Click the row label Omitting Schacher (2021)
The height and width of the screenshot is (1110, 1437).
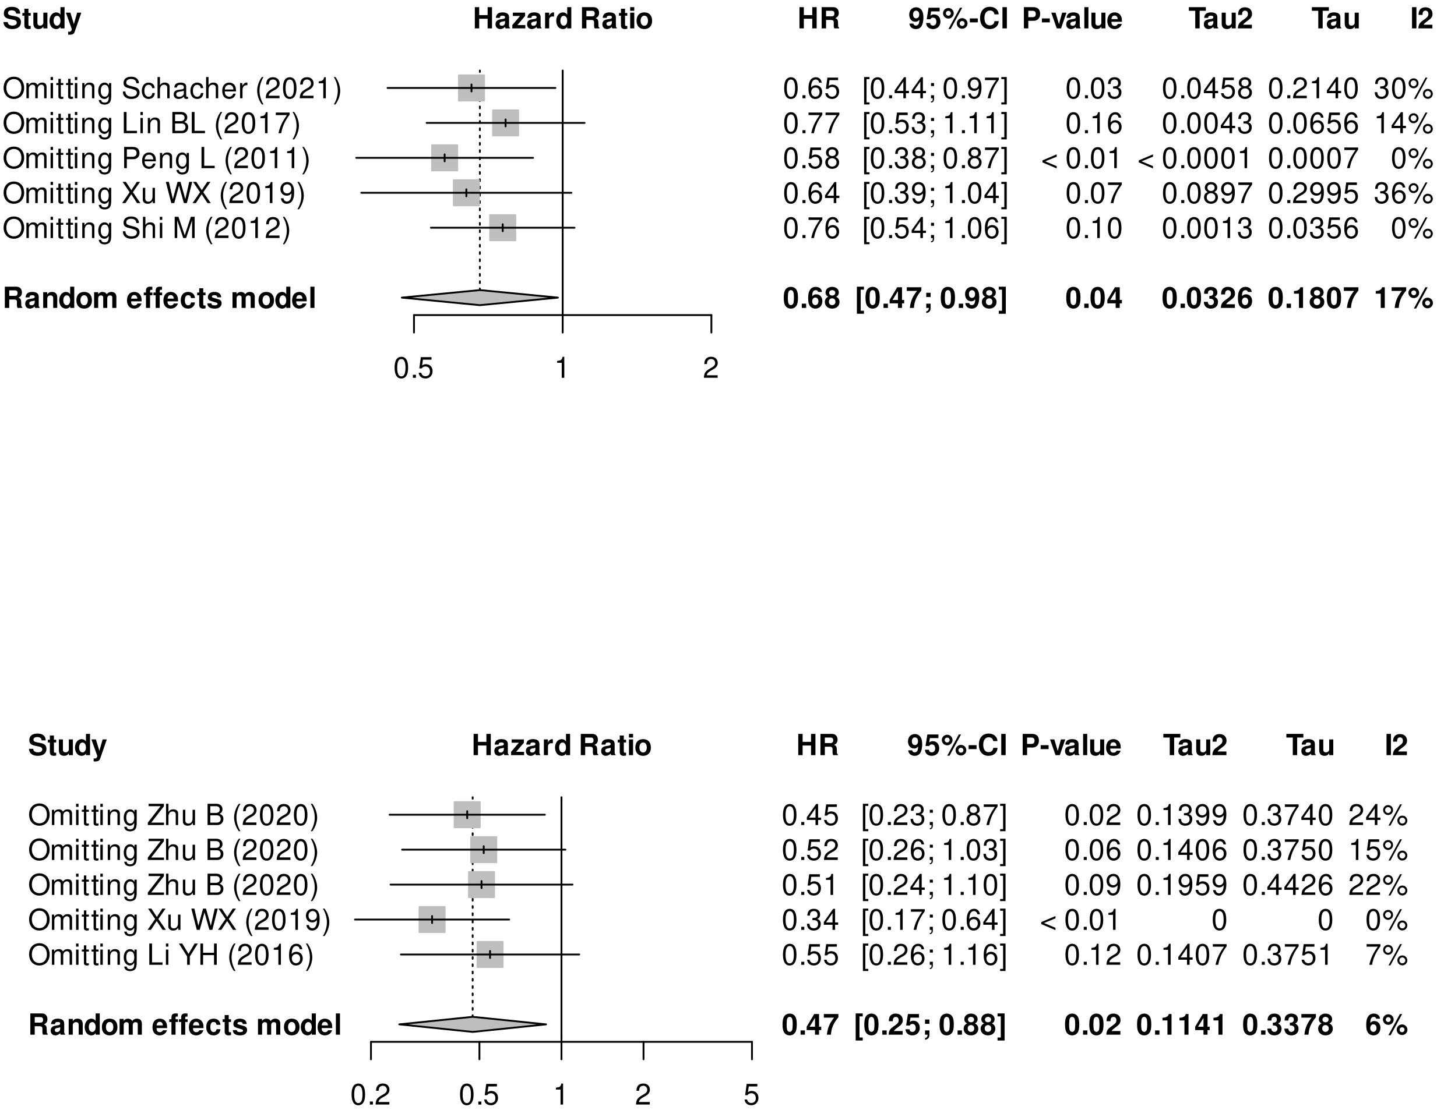(x=172, y=89)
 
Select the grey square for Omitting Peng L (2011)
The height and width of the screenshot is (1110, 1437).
(x=445, y=158)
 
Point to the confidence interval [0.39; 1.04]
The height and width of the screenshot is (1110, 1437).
(x=934, y=193)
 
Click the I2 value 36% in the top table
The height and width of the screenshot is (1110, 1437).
(x=1402, y=193)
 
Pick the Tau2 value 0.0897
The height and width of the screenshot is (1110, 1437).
(x=1207, y=193)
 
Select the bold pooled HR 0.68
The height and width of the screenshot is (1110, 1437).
(x=811, y=299)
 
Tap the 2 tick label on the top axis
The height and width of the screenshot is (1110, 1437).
(x=710, y=367)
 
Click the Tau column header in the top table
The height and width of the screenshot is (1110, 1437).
(x=1336, y=19)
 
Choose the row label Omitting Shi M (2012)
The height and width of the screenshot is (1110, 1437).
(x=147, y=228)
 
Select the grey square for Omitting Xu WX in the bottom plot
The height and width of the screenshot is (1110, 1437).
(x=432, y=920)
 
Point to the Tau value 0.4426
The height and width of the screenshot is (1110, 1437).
(x=1287, y=885)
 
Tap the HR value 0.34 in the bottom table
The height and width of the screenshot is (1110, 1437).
(x=810, y=920)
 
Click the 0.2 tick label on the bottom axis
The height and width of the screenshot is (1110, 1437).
(x=371, y=1095)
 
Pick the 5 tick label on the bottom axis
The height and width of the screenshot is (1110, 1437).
(x=751, y=1095)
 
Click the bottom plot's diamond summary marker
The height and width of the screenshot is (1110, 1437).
(x=473, y=1024)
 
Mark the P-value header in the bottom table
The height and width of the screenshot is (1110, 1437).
(x=1070, y=745)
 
